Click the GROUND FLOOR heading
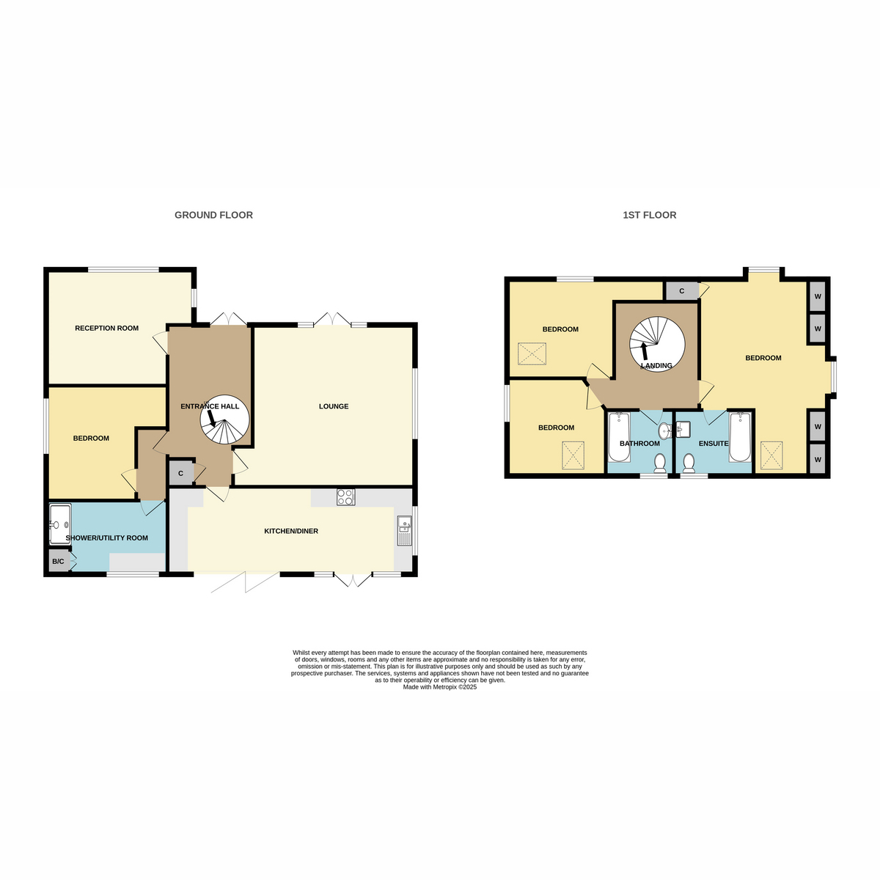click(x=213, y=215)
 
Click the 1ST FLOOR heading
click(x=649, y=215)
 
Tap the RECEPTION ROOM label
click(x=106, y=328)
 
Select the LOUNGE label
click(x=334, y=406)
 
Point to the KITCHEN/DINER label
click(x=291, y=531)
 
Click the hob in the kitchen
click(x=345, y=497)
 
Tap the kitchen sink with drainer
click(x=404, y=530)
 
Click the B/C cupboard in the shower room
click(x=59, y=561)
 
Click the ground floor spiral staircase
click(x=224, y=419)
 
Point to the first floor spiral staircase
click(x=656, y=344)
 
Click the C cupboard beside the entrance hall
click(x=181, y=474)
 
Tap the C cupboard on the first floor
click(x=681, y=291)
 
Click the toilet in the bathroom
click(x=659, y=463)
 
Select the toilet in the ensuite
click(x=688, y=463)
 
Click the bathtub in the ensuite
click(x=739, y=437)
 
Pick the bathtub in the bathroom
click(x=619, y=437)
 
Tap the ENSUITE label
click(x=714, y=444)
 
